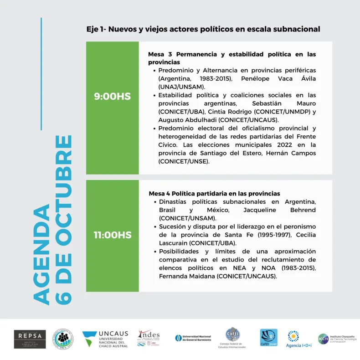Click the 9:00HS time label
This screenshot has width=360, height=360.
(x=112, y=96)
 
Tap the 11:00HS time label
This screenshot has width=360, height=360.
(x=112, y=235)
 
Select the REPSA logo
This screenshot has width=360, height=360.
(x=30, y=339)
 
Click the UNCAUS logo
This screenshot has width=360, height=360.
(x=105, y=339)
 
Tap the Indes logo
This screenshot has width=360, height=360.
(x=149, y=339)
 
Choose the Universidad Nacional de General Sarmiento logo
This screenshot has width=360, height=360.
(x=193, y=339)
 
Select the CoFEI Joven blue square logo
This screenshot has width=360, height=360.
(x=268, y=338)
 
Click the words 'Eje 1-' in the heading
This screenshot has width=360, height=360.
(x=97, y=29)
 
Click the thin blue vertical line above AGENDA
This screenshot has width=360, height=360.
(x=41, y=73)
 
